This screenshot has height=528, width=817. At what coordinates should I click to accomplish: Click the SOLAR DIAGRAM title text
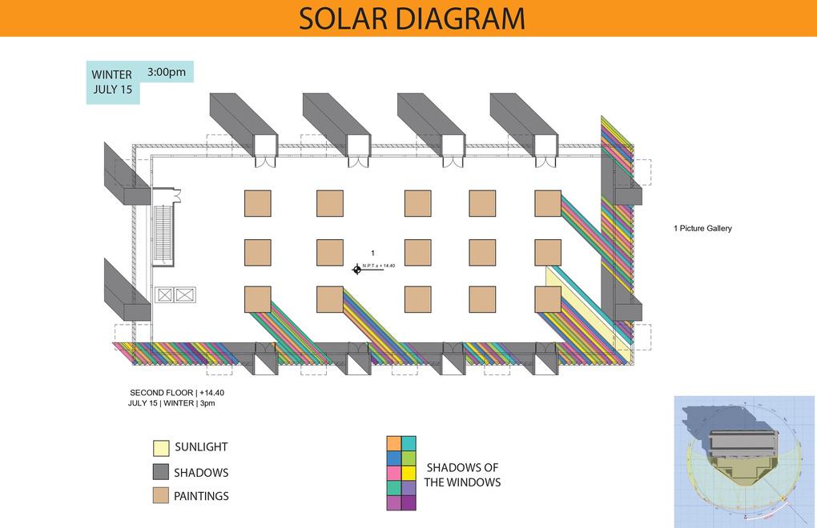[x=412, y=18]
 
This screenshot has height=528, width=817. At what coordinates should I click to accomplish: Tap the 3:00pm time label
[x=167, y=72]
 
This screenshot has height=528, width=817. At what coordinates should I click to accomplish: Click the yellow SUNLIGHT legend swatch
[x=160, y=447]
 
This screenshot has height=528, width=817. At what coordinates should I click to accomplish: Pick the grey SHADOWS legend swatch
[x=160, y=472]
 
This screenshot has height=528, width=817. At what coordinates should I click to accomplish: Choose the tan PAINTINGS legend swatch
[x=160, y=496]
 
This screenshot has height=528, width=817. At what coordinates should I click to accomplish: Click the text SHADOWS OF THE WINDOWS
[x=463, y=474]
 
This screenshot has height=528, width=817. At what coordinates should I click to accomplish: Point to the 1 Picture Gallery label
[x=702, y=229]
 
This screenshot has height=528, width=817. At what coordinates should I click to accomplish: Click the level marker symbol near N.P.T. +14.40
[x=357, y=269]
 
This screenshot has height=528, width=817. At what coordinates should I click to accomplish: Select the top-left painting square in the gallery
[x=257, y=203]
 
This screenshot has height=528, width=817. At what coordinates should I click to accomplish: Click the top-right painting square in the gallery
[x=548, y=203]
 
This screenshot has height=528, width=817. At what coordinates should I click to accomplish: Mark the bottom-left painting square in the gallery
[x=257, y=299]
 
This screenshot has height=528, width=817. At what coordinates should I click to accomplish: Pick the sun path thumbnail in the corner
[x=744, y=460]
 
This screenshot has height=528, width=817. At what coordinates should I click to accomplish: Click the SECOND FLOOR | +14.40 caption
[x=183, y=393]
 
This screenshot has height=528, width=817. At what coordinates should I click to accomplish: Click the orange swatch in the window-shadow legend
[x=393, y=443]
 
